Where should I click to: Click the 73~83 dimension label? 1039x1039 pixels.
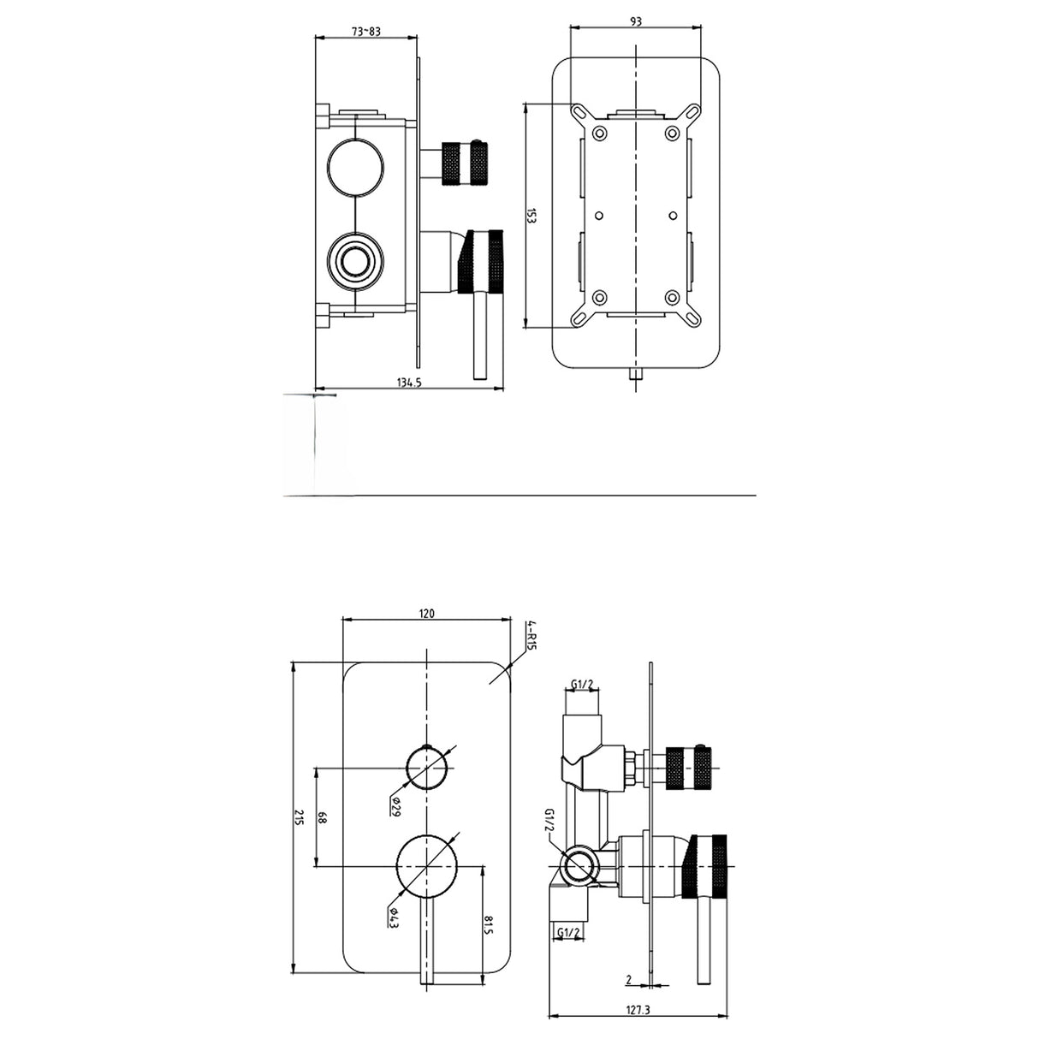[366, 32]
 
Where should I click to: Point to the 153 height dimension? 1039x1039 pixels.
[531, 216]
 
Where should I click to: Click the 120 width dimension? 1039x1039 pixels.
[428, 613]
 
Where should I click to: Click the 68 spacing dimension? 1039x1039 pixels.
[323, 818]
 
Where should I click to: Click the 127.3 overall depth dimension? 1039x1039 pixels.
[638, 1010]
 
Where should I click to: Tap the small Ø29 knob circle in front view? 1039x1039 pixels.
[427, 768]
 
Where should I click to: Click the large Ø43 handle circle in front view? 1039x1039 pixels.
[427, 867]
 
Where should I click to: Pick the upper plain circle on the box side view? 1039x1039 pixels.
[355, 163]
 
